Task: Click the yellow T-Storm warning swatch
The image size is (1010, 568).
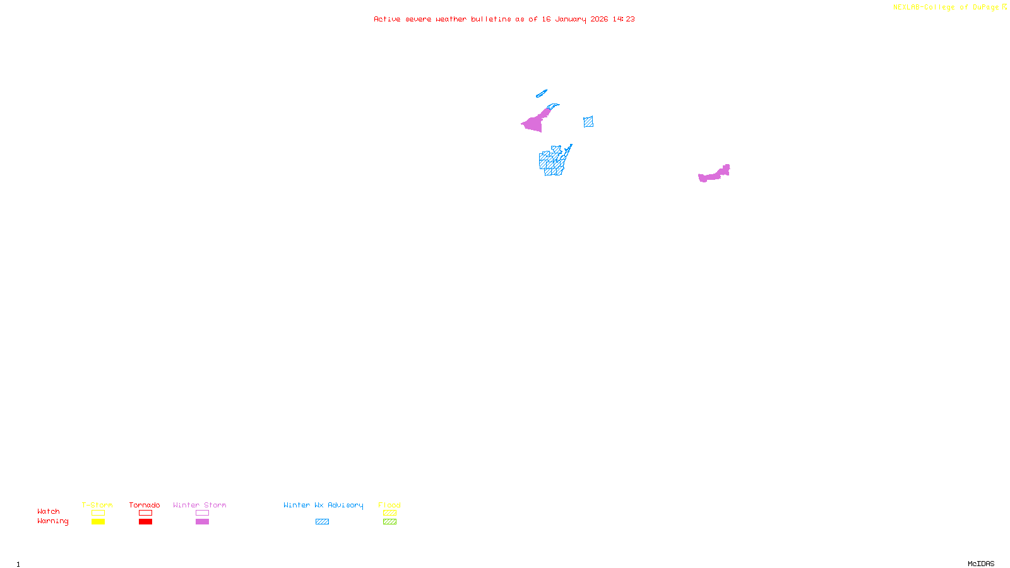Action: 98,522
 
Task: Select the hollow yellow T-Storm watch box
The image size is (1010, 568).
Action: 98,513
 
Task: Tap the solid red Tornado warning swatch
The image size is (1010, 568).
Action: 145,522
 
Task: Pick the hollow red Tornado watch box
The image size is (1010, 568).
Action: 145,513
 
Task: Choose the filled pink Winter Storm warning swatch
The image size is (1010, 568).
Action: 202,522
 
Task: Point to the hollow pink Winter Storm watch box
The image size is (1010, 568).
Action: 202,513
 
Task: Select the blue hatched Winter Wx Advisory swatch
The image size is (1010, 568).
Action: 322,522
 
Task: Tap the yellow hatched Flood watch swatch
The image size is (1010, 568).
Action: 389,513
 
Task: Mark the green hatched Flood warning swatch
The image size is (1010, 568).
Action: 389,522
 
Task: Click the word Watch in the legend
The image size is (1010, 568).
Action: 49,512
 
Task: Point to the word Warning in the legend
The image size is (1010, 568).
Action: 52,521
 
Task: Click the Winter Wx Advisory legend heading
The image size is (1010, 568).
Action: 323,505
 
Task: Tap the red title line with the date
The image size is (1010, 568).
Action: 504,19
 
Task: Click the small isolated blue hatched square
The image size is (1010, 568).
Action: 588,122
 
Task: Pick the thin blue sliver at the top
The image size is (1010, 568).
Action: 541,94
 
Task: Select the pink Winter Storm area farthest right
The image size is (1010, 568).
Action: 714,174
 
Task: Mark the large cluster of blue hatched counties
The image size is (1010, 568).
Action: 552,162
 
